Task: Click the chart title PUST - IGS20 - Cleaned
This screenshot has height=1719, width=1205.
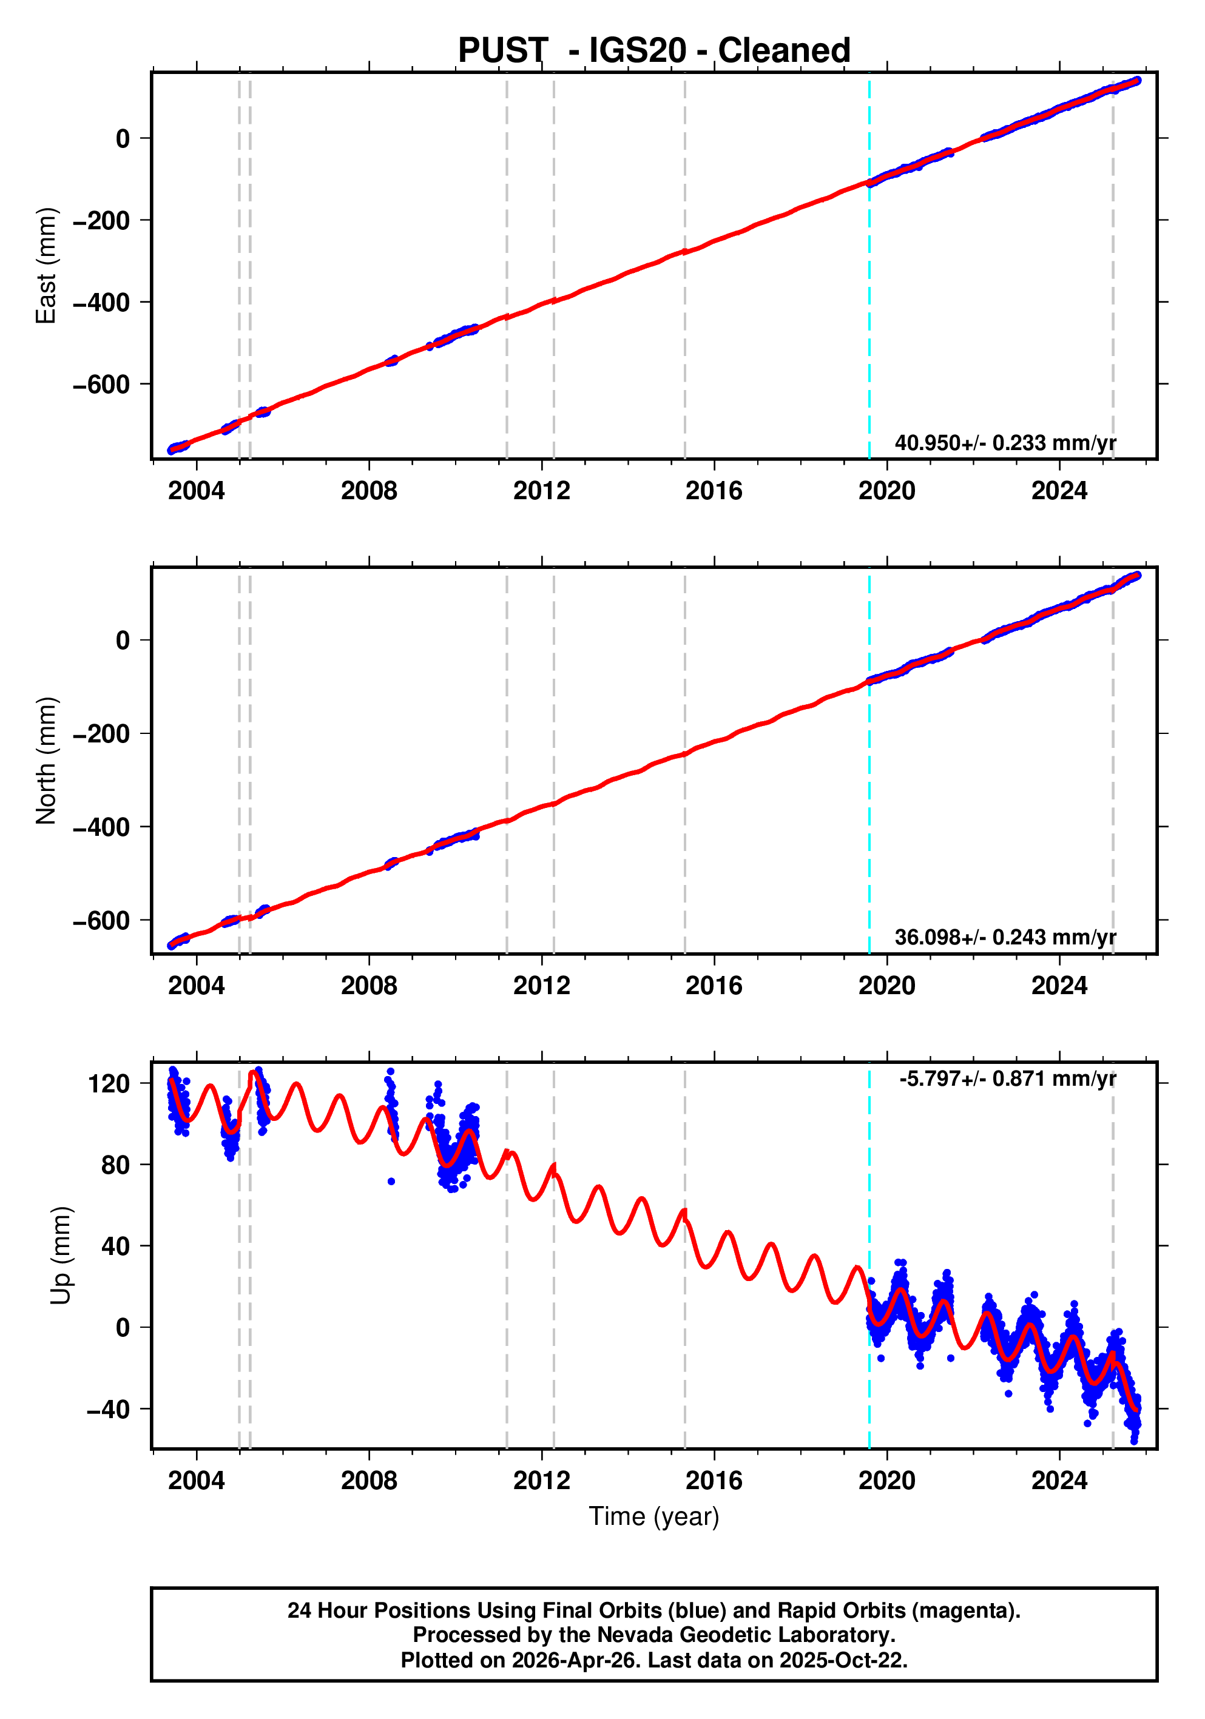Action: click(x=654, y=50)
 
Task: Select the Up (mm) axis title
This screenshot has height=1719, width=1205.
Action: click(x=61, y=1256)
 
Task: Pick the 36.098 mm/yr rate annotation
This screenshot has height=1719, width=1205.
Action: click(x=1005, y=937)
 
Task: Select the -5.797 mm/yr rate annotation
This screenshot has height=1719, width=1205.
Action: click(x=1007, y=1079)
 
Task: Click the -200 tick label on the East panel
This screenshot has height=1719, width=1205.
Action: click(x=101, y=220)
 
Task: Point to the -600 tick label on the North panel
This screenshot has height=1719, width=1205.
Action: click(x=101, y=920)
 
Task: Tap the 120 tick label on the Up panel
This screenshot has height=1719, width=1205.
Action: click(x=109, y=1083)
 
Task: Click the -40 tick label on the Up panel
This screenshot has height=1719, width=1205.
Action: click(x=108, y=1409)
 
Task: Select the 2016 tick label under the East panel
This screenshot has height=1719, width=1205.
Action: click(x=714, y=491)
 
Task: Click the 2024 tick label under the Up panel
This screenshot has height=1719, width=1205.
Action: click(x=1059, y=1481)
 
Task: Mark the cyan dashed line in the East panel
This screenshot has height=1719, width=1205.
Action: click(x=869, y=266)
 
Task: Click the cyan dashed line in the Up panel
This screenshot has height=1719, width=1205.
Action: click(x=869, y=1256)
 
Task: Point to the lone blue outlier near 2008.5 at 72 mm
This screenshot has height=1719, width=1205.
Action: click(x=391, y=1182)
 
